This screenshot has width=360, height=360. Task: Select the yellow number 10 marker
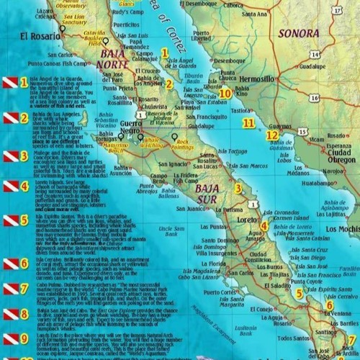(x=225, y=93)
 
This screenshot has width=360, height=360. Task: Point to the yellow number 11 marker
(x=248, y=123)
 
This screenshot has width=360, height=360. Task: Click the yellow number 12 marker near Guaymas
(x=271, y=135)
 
